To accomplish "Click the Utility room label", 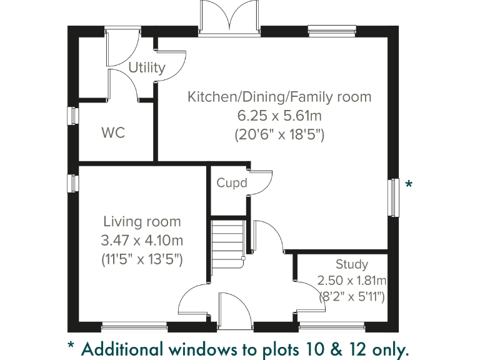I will click(x=147, y=67).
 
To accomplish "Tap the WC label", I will click(x=113, y=133).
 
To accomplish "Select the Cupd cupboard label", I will click(x=232, y=183).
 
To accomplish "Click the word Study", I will click(x=351, y=264).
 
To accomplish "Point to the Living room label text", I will click(x=142, y=221).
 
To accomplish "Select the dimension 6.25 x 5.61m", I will click(x=279, y=116).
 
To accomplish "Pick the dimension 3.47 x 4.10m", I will click(x=142, y=240).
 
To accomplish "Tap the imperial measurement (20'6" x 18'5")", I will click(x=279, y=134).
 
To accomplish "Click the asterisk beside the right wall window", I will click(x=409, y=184).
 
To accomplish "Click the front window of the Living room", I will click(x=134, y=326).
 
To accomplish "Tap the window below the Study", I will click(x=331, y=326).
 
